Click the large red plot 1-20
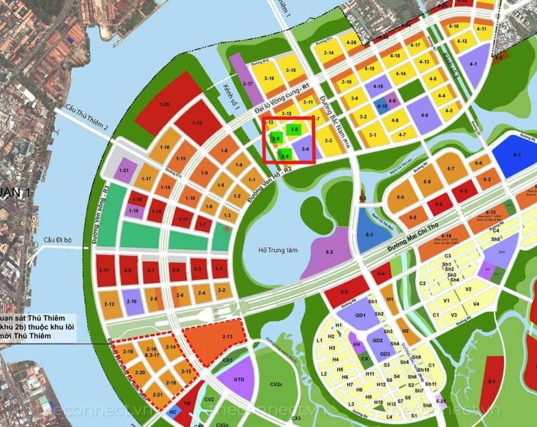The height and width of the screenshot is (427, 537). coord(165,105)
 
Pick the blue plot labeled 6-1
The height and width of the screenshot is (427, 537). coord(516,156)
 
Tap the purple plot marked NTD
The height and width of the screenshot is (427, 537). coord(239,379)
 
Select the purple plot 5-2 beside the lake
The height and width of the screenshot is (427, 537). coord(329,253)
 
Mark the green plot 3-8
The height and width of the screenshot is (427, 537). coord(294,128)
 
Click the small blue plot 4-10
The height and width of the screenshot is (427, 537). coord(382,107)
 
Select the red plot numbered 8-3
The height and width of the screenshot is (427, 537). coord(492,380)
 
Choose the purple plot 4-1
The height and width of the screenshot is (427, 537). coord(473,64)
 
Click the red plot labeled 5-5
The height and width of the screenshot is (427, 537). coord(344,291)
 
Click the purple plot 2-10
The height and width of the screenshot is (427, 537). coord(132,302)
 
